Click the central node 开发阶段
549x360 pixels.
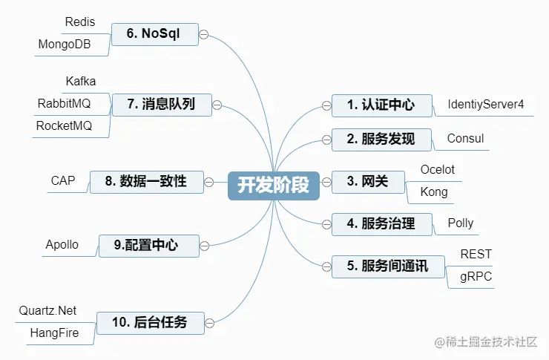click(x=273, y=183)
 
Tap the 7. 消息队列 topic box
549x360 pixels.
click(x=161, y=105)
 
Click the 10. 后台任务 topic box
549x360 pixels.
click(x=149, y=322)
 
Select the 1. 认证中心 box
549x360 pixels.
click(x=381, y=105)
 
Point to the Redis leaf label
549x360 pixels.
click(x=80, y=22)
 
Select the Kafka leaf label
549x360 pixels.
click(x=81, y=80)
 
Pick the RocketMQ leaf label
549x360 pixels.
click(x=64, y=126)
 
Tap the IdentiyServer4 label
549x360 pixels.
click(x=485, y=105)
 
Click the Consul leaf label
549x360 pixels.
click(x=465, y=139)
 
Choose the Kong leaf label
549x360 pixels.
click(x=434, y=192)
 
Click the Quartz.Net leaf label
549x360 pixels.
click(x=48, y=310)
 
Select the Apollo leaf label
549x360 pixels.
click(x=62, y=244)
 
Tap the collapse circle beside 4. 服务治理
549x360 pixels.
click(x=326, y=223)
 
